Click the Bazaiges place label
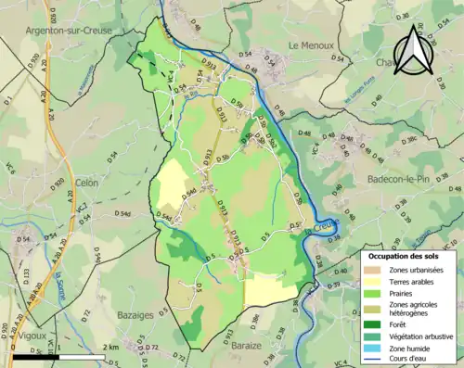(136, 315)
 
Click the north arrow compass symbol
(415, 51)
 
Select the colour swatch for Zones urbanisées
(373, 270)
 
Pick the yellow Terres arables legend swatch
(373, 283)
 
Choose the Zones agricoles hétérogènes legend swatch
(373, 309)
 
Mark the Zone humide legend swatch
(373, 349)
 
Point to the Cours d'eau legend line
(373, 361)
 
